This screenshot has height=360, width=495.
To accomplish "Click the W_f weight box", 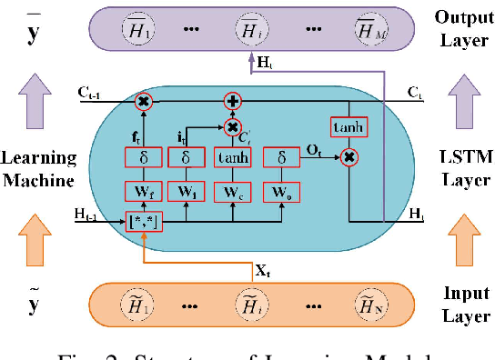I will pos(143,193).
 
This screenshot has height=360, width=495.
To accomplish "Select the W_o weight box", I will pos(280,193).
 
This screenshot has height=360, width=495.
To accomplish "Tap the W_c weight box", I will pos(232,193).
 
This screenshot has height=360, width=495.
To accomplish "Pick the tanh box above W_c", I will pos(232,159).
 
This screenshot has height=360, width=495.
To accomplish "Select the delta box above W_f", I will pos(143,159).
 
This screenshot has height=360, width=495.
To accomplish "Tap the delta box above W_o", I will pos(280,159).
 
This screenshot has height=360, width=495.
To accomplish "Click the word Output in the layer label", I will pos(465,16).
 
